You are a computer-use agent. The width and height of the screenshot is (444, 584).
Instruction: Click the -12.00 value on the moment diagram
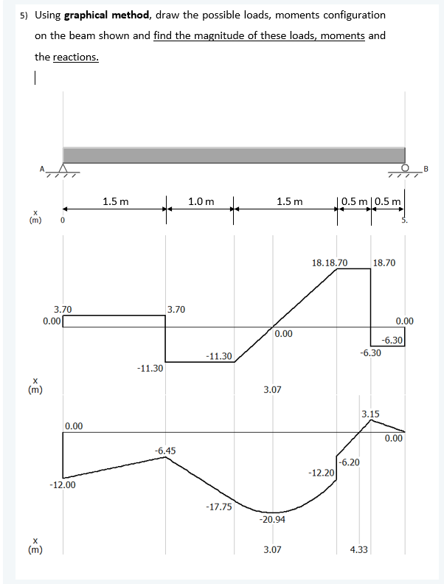[x=61, y=485]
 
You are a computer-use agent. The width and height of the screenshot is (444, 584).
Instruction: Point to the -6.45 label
[x=165, y=450]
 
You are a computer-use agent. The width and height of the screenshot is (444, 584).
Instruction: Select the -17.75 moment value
[x=218, y=507]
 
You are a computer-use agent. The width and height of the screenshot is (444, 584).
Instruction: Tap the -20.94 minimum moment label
[x=272, y=520]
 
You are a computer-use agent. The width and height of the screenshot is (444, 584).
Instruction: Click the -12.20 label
[x=322, y=471]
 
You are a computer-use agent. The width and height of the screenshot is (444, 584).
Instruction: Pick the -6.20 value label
[x=350, y=462]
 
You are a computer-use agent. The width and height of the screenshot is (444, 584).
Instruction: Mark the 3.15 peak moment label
[x=370, y=414]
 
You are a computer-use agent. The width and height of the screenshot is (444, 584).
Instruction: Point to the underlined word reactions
[x=76, y=57]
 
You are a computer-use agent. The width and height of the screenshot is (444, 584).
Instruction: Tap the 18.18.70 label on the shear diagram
[x=330, y=262]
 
